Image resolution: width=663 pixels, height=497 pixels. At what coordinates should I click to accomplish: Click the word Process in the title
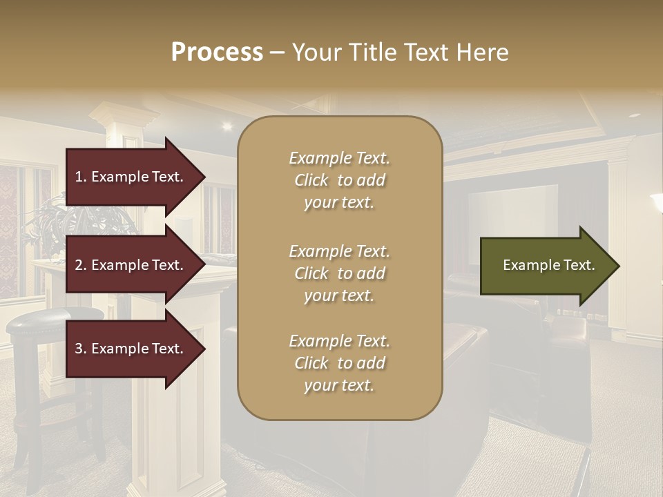point(217,52)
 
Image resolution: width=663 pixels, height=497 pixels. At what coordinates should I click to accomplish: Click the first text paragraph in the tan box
point(339,180)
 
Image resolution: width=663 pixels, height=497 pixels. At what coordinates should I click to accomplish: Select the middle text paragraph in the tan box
point(339,273)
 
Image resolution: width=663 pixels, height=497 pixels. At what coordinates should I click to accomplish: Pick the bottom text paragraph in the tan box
point(339,363)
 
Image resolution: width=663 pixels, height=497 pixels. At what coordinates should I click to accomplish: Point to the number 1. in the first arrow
point(81,177)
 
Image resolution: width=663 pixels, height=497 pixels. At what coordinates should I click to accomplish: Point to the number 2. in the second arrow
point(81,265)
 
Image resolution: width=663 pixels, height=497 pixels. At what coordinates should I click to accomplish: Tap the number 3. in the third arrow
point(81,349)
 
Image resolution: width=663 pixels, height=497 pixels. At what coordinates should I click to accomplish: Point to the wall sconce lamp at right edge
point(656,204)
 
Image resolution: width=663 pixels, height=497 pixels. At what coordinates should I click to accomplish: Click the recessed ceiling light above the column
point(227,126)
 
